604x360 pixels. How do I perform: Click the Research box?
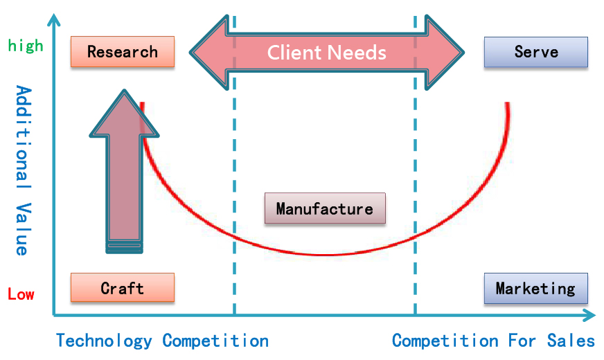[x=123, y=52]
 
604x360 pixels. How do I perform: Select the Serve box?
[x=536, y=52]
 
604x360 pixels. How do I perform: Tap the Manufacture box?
[x=325, y=208]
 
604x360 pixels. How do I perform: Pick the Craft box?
[x=123, y=288]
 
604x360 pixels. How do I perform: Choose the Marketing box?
[x=536, y=288]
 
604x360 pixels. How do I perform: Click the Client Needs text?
[x=327, y=53]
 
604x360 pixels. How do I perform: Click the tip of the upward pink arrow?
[x=125, y=92]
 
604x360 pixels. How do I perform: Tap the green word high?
[x=26, y=46]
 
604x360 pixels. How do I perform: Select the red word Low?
[x=21, y=294]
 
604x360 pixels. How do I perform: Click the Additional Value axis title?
[x=23, y=170]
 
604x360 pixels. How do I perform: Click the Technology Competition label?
[x=162, y=341]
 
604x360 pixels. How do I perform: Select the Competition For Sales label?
[x=493, y=341]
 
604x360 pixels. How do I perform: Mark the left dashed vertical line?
[x=234, y=208]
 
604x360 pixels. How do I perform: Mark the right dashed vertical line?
[x=416, y=208]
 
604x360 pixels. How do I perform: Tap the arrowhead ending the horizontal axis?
[x=590, y=316]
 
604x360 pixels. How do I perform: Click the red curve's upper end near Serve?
[x=508, y=104]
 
